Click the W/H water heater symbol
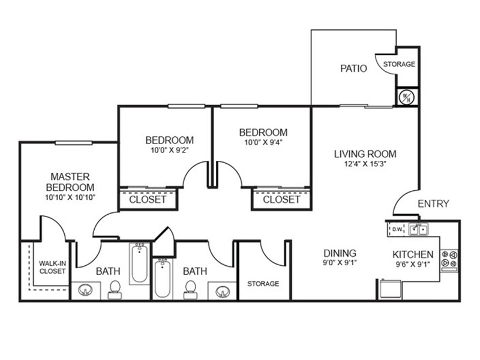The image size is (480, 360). (407, 97)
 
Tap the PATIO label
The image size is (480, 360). (353, 68)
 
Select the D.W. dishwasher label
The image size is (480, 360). (397, 229)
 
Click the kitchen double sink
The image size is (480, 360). (419, 229)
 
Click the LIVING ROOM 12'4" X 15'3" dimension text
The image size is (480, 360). (365, 164)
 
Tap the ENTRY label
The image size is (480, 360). (433, 203)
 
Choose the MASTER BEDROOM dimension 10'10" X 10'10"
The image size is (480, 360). (70, 197)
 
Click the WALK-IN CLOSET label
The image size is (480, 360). (52, 267)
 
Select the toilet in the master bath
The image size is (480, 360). (115, 290)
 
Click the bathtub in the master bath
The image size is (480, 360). (140, 263)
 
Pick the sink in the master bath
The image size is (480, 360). (85, 290)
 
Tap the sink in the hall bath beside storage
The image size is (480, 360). (223, 292)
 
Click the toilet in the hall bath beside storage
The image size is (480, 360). (190, 290)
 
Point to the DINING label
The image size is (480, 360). (340, 253)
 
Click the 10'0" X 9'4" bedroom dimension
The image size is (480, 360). (263, 142)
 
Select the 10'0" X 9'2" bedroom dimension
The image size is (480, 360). (169, 151)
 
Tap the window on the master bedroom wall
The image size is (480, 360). (73, 143)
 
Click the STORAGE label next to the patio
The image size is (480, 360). (399, 64)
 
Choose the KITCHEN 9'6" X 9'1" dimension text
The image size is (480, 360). (413, 264)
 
